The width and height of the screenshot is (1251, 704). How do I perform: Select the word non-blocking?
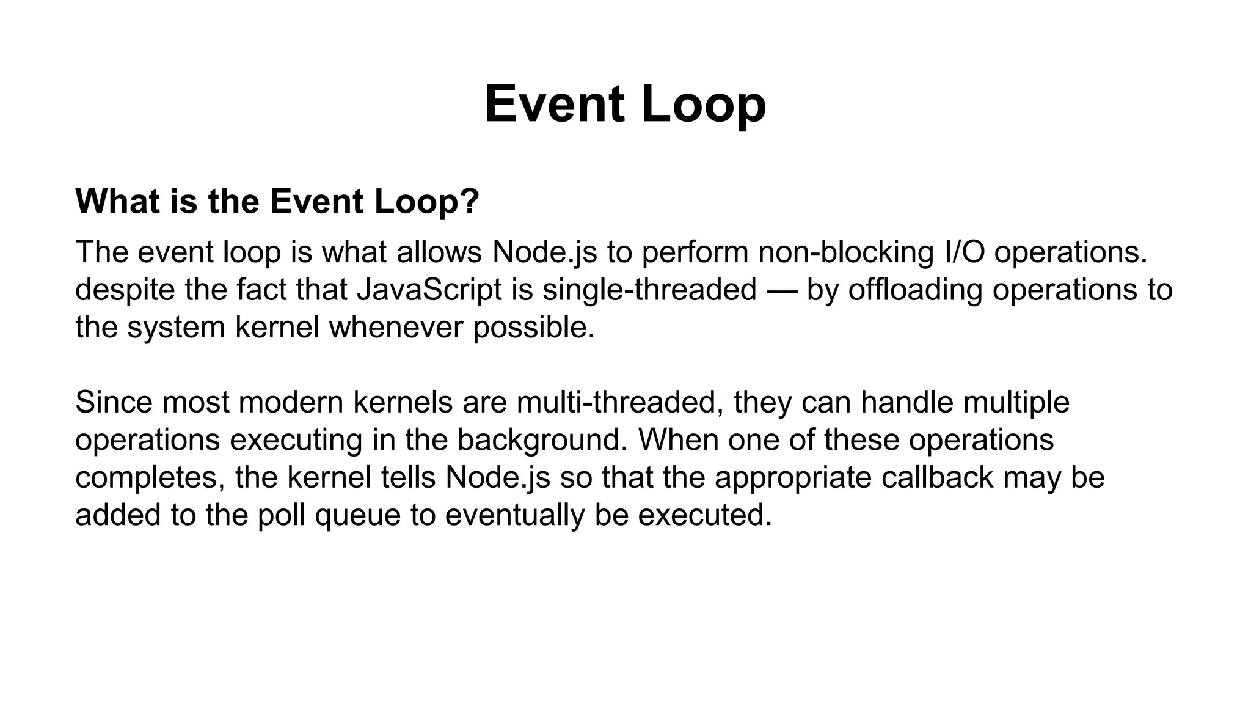pos(846,252)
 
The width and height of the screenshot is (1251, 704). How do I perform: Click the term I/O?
pos(965,252)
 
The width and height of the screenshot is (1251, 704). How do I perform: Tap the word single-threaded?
pos(649,289)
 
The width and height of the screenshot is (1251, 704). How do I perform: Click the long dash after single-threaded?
pos(782,289)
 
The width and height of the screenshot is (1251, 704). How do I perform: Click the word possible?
pos(533,327)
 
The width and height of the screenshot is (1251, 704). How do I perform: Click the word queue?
pos(357,515)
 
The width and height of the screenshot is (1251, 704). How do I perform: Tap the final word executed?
pos(705,515)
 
